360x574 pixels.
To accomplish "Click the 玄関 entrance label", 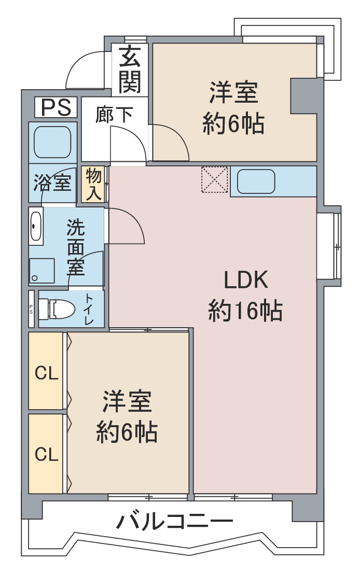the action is pyautogui.click(x=130, y=69).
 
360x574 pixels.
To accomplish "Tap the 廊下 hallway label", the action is pyautogui.click(x=114, y=114).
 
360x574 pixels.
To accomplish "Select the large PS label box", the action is pyautogui.click(x=56, y=107).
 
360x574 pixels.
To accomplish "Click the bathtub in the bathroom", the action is pyautogui.click(x=52, y=143).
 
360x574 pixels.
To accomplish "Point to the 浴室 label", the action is pyautogui.click(x=52, y=183).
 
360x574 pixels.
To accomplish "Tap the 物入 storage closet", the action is pyautogui.click(x=93, y=184).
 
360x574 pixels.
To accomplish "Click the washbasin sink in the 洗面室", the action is pyautogui.click(x=36, y=226).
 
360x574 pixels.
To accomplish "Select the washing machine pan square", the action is pyautogui.click(x=41, y=271).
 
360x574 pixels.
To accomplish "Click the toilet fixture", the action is pyautogui.click(x=57, y=309).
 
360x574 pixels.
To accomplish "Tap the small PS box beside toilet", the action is pyautogui.click(x=32, y=309).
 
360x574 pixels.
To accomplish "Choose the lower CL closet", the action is pyautogui.click(x=46, y=454).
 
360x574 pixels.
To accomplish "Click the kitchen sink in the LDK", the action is pyautogui.click(x=256, y=181).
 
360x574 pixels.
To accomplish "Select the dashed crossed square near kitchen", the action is pyautogui.click(x=215, y=179).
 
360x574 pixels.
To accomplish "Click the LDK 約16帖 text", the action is pyautogui.click(x=245, y=296).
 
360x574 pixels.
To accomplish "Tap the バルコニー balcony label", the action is pyautogui.click(x=174, y=521).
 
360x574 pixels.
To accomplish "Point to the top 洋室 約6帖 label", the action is pyautogui.click(x=233, y=108).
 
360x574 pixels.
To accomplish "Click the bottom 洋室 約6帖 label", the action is pyautogui.click(x=127, y=416).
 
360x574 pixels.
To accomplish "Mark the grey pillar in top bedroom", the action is pyautogui.click(x=303, y=95).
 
